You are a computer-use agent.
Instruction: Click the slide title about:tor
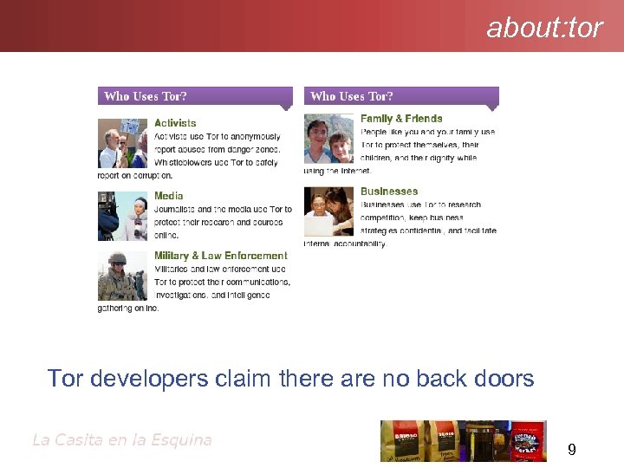[x=544, y=28]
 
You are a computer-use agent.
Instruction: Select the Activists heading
[x=175, y=124]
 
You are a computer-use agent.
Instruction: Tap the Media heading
[x=169, y=196]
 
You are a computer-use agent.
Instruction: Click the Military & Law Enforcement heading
[x=220, y=256]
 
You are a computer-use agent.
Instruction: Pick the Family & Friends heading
[x=401, y=119]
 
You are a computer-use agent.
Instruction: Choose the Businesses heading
[x=389, y=192]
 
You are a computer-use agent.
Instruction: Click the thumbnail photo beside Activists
[x=123, y=143]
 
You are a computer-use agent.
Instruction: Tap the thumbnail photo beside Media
[x=123, y=215]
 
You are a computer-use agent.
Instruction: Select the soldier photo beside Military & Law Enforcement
[x=123, y=276]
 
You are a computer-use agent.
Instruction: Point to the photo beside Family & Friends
[x=329, y=139]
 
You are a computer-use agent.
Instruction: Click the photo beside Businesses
[x=329, y=211]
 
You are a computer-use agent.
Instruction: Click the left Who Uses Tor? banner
[x=194, y=97]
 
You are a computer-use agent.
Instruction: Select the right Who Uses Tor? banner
[x=400, y=97]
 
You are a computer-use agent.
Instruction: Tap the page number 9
[x=572, y=450]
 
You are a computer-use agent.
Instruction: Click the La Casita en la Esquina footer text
[x=121, y=439]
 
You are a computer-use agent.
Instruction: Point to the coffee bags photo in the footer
[x=463, y=440]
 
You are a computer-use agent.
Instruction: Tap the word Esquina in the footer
[x=183, y=439]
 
